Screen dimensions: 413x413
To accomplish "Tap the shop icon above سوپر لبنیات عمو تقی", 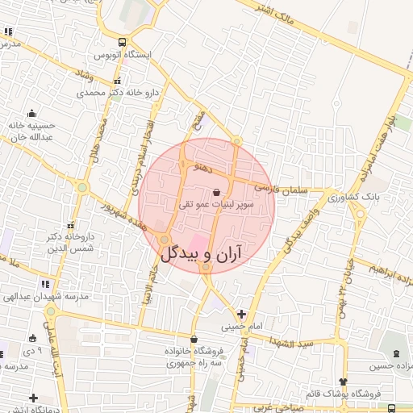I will click(215, 192).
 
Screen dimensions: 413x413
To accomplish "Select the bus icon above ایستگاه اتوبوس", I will click(122, 43).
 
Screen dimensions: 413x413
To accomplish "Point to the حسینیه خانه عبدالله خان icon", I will click(31, 114).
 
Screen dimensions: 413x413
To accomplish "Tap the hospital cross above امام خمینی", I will click(241, 313).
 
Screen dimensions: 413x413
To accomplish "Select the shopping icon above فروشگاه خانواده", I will click(194, 339).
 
